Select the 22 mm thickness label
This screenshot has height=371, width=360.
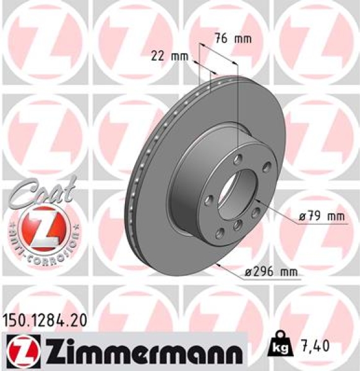coord(169,56)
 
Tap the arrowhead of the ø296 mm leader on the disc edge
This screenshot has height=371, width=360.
coord(220,265)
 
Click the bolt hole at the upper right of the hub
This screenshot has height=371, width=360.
coord(267,166)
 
